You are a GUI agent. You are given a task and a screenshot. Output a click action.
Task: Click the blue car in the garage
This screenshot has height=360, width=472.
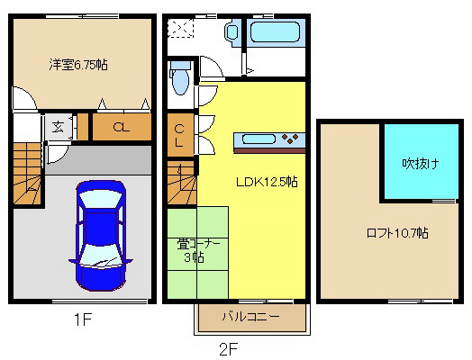click(101, 236)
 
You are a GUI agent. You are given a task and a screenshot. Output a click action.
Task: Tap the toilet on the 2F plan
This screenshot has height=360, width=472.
click(180, 77)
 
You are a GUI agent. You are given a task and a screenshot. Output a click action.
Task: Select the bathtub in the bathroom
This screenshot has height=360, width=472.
click(275, 31)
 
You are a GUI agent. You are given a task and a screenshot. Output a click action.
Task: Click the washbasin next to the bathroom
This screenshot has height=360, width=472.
click(231, 31)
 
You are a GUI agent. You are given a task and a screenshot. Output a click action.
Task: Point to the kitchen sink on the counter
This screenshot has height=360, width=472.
click(259, 139)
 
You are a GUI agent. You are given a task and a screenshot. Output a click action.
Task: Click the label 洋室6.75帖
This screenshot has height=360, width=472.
click(78, 65)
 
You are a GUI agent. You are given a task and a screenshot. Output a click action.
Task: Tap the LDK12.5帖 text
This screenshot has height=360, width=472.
click(267, 182)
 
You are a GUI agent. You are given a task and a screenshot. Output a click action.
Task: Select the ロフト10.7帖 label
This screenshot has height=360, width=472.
click(397, 233)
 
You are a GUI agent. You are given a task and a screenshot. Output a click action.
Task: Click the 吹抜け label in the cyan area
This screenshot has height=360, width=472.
click(421, 164)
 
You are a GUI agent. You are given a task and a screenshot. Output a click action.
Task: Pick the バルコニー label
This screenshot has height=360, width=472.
click(251, 317)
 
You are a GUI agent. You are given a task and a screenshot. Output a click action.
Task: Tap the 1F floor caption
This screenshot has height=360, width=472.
click(83, 319)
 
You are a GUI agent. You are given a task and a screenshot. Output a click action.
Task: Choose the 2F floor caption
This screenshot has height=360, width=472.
click(229, 349)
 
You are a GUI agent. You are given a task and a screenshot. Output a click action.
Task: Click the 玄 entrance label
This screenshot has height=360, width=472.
click(58, 127)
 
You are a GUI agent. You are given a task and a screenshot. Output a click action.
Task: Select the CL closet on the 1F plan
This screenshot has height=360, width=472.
click(122, 127)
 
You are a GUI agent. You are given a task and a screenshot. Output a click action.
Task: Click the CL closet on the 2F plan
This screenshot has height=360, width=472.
click(180, 136)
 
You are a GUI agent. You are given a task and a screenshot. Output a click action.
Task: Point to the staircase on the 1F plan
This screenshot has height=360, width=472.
click(27, 174)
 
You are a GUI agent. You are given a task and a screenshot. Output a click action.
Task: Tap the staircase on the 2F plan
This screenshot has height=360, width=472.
click(182, 183)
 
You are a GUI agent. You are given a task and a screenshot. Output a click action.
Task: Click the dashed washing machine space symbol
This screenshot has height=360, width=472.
click(180, 28)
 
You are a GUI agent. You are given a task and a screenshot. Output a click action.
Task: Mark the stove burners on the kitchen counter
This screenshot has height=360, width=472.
click(290, 139)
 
